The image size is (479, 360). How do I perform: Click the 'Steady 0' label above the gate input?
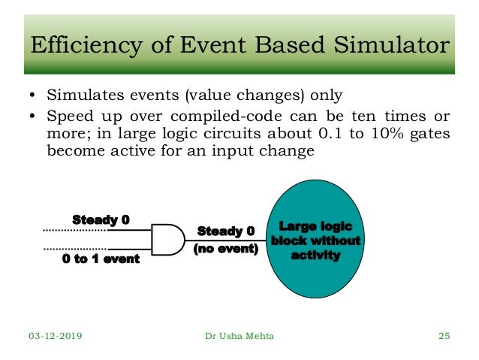(101, 219)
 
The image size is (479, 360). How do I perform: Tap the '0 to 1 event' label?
(101, 259)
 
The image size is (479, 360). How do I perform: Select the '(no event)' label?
(226, 248)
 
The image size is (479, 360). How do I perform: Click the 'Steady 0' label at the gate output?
(226, 231)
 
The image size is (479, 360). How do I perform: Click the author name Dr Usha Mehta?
(239, 336)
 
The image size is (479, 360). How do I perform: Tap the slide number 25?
(443, 336)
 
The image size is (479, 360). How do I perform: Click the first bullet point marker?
(33, 96)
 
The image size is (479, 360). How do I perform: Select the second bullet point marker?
(33, 116)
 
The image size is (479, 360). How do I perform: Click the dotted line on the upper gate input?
(74, 229)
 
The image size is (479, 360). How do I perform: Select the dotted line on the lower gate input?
(74, 248)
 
